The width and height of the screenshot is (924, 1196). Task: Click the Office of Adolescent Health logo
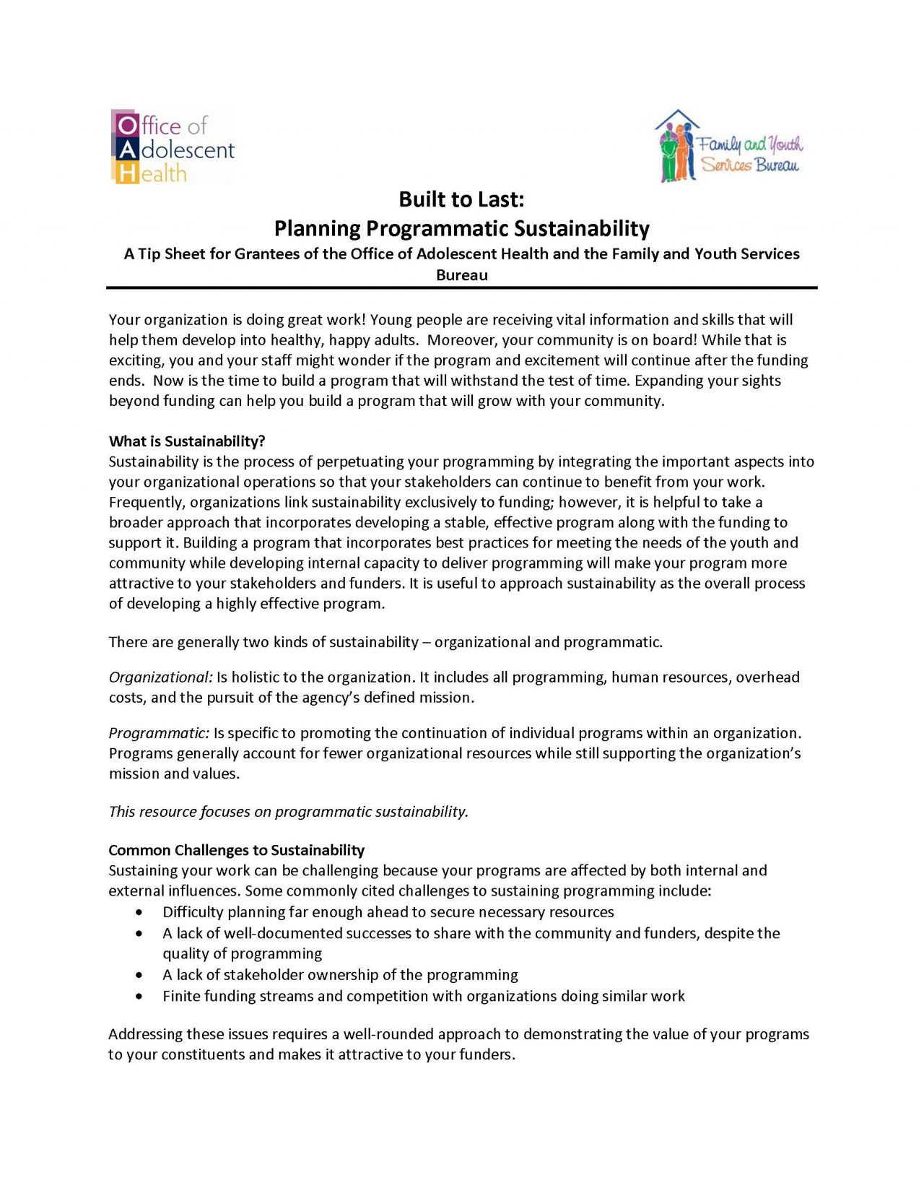(173, 147)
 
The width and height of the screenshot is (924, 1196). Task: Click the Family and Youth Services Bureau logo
(729, 147)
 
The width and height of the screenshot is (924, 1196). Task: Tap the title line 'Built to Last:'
(461, 199)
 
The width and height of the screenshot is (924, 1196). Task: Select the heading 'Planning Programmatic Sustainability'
(461, 228)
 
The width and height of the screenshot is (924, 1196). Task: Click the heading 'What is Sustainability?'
(187, 441)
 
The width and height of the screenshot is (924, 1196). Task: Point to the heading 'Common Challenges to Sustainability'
(236, 849)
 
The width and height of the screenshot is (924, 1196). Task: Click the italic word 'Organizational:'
(160, 677)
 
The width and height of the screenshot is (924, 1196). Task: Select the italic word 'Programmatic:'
(159, 732)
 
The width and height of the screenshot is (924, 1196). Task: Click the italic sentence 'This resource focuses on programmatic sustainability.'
(288, 811)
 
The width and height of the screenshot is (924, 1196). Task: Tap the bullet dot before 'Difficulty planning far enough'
(139, 912)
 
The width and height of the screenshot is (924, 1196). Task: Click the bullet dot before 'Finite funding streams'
(139, 996)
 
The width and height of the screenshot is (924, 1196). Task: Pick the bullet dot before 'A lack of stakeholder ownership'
(139, 975)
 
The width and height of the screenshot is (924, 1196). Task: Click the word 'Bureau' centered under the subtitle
(461, 275)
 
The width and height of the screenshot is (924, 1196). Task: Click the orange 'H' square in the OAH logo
(126, 173)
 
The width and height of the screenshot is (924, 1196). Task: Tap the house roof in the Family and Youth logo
(677, 118)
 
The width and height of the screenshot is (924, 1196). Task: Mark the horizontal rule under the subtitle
(461, 288)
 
